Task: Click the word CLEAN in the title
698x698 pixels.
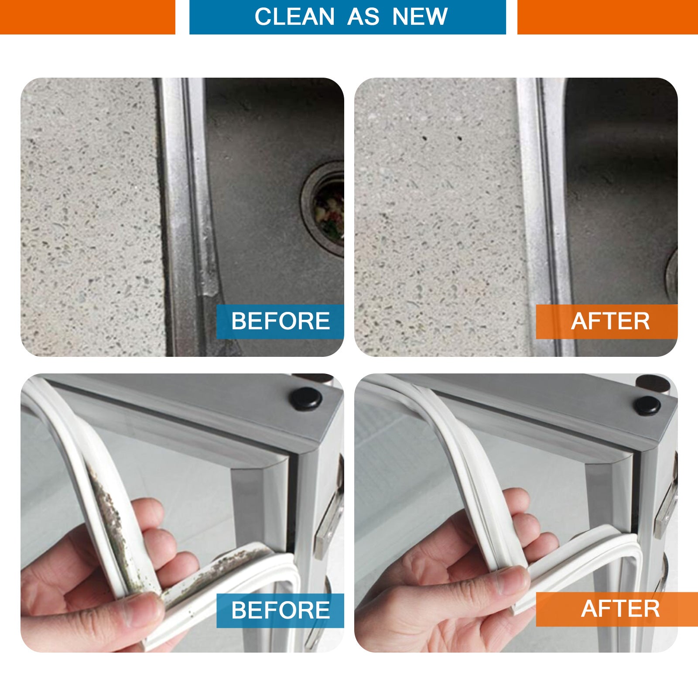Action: click(294, 17)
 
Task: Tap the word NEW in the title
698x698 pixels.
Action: click(420, 17)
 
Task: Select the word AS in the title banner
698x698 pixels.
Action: click(363, 17)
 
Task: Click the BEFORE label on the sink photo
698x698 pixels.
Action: click(280, 322)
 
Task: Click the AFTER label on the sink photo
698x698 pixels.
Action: click(610, 322)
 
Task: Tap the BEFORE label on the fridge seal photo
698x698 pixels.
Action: click(280, 610)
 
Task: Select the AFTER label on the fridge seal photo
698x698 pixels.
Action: click(619, 609)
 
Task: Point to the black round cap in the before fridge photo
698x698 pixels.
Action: click(306, 398)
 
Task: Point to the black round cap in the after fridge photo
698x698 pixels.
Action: click(647, 405)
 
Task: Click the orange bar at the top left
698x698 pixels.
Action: click(87, 17)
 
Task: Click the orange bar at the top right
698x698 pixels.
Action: click(607, 17)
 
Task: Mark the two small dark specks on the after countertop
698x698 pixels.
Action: click(441, 139)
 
